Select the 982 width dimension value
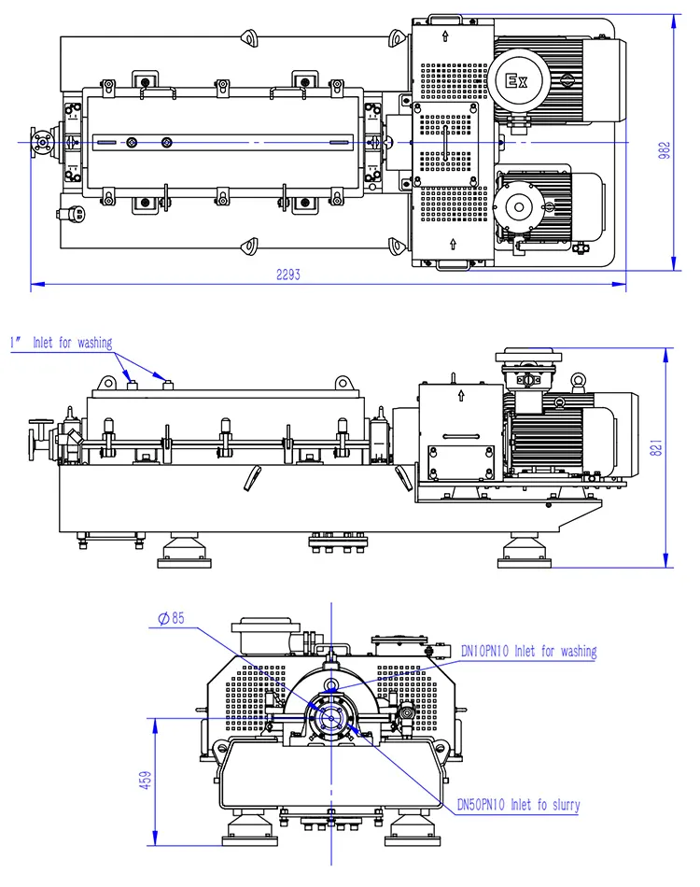click(664, 150)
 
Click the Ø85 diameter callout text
click(172, 618)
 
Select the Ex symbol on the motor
click(516, 79)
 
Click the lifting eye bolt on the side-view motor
click(578, 380)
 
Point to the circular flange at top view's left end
click(41, 141)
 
